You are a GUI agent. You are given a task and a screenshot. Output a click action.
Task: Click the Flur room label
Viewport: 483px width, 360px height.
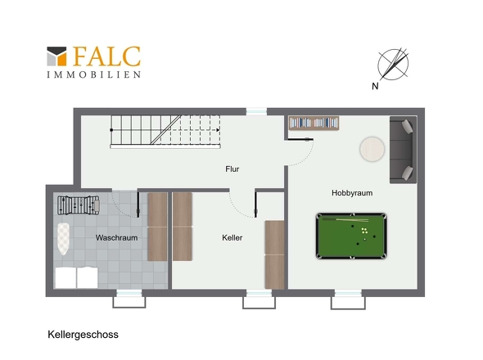click(232, 169)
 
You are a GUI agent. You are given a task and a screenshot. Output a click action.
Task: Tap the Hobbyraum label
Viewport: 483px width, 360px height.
click(352, 193)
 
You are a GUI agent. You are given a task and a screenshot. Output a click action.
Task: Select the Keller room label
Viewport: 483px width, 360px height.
click(232, 238)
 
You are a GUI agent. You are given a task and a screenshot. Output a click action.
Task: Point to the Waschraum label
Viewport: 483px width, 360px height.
click(116, 238)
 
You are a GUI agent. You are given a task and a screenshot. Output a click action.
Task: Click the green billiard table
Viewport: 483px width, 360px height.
click(351, 236)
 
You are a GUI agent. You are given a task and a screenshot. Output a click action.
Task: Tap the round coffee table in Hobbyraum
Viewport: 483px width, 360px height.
click(372, 149)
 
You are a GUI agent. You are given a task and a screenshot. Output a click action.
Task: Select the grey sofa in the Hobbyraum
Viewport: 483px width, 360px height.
click(404, 150)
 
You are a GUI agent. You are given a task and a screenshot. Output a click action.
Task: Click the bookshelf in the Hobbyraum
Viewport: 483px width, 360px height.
click(314, 123)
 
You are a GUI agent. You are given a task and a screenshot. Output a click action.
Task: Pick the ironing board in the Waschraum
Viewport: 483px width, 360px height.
click(64, 239)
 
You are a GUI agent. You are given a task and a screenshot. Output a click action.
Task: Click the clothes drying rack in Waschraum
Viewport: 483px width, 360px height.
click(79, 205)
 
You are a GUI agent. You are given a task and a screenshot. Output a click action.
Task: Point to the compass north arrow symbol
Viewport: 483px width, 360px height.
click(393, 65)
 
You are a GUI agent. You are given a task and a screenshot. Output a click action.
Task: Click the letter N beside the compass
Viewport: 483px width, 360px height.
click(375, 86)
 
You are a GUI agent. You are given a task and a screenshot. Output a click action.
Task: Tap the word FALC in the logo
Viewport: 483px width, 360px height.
click(106, 56)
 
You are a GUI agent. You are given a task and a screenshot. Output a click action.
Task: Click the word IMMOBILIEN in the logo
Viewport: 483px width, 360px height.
click(94, 74)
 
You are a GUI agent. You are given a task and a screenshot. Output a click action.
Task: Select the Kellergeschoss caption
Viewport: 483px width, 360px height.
click(83, 335)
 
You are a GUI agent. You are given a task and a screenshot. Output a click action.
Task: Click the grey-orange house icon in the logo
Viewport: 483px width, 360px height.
click(56, 56)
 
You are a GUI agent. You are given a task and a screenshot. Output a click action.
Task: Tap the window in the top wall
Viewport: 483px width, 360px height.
click(256, 111)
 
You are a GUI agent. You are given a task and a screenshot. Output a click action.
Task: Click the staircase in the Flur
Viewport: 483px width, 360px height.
click(165, 132)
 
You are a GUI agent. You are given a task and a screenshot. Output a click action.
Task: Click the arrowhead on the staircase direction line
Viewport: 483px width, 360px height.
click(218, 130)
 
